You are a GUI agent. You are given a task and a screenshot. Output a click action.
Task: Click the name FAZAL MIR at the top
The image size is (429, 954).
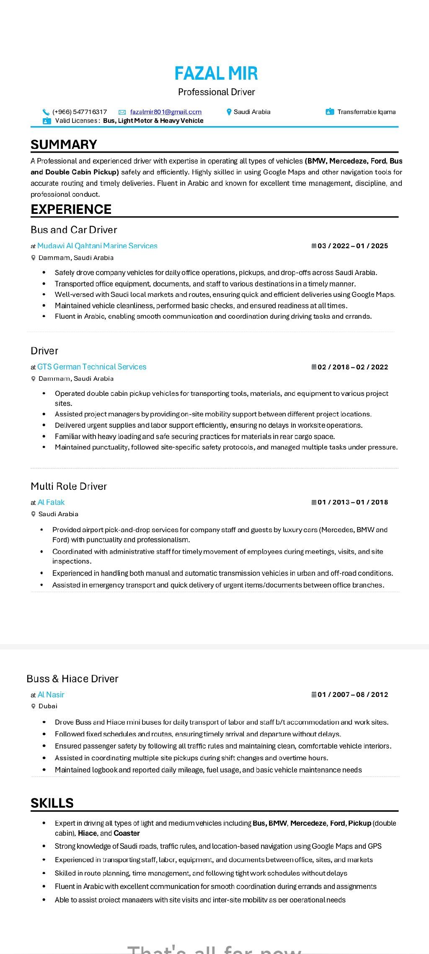[x=216, y=73]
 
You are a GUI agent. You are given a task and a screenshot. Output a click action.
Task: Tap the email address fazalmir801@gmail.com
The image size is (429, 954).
[x=166, y=112]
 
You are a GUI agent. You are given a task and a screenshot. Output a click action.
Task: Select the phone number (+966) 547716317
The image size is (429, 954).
[x=80, y=112]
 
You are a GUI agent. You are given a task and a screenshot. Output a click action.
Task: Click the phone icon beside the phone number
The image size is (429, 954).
[x=46, y=112]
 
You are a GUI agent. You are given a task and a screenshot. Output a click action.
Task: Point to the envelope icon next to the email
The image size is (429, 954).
[x=122, y=112]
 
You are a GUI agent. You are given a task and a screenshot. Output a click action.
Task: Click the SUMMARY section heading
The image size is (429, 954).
[x=64, y=144]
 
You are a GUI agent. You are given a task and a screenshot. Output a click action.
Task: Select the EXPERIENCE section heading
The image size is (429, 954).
[x=71, y=209]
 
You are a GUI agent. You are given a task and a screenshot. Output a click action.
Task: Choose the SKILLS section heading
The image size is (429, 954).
[x=52, y=803]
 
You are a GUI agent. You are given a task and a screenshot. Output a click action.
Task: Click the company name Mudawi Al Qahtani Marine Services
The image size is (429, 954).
[x=97, y=246]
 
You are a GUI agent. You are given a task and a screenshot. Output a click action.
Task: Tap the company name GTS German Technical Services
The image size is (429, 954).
[x=92, y=367]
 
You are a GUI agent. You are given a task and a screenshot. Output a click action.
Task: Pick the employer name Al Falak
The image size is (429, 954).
[x=51, y=502]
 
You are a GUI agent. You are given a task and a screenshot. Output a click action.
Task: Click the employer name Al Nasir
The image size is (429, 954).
[x=51, y=694]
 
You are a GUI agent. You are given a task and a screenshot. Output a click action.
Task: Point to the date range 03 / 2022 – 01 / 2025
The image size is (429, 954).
[x=353, y=246]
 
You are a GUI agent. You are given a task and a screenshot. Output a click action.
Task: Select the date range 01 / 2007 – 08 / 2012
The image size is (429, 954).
[x=353, y=694]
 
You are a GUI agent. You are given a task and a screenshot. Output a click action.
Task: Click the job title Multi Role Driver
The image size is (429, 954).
[x=69, y=486]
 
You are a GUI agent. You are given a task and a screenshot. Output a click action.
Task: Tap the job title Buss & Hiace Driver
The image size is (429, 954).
[x=72, y=678]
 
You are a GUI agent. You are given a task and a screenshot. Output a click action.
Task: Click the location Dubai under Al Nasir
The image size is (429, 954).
[x=48, y=706]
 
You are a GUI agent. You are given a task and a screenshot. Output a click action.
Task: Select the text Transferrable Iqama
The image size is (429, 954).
[x=367, y=112]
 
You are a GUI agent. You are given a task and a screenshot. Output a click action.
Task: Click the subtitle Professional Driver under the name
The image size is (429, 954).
[x=216, y=92]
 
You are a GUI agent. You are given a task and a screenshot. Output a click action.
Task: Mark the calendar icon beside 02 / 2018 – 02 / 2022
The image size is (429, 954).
[x=314, y=367]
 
